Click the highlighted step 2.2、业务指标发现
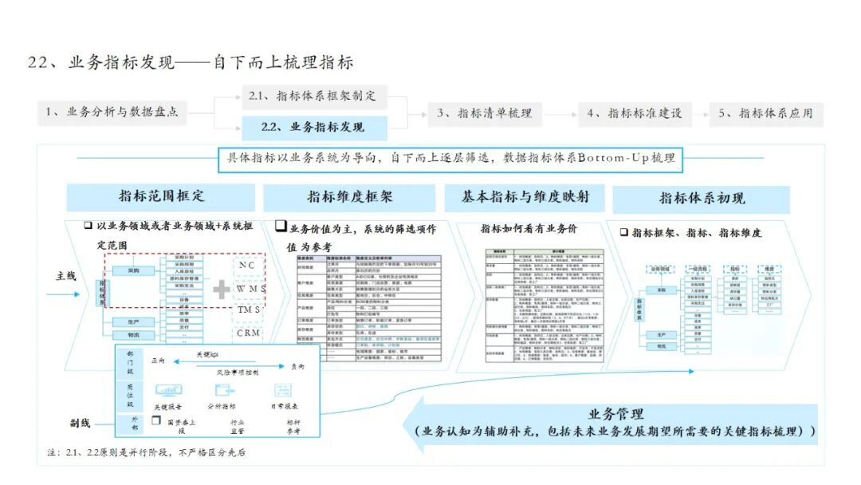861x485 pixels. (x=313, y=128)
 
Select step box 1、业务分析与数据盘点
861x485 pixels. (x=111, y=112)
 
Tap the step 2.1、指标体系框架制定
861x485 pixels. (x=313, y=97)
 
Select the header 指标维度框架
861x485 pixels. (x=349, y=197)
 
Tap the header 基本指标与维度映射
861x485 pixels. (x=525, y=196)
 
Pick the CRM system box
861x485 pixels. (x=249, y=333)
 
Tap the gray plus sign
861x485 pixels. (x=220, y=288)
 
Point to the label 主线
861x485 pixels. (x=66, y=276)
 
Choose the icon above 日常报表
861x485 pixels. (x=284, y=391)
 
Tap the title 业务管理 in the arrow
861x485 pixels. (x=615, y=414)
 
